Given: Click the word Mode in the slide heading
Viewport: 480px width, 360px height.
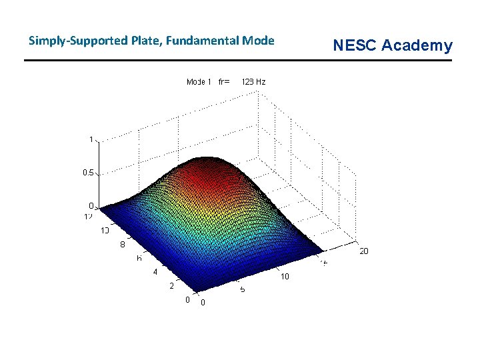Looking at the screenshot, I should [258, 41].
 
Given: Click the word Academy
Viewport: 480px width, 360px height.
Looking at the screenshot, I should [417, 45].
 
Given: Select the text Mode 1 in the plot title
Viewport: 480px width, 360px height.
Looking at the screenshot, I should [199, 82].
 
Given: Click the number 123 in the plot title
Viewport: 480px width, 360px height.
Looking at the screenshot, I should [248, 82].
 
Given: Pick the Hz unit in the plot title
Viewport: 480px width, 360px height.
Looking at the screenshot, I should [261, 82].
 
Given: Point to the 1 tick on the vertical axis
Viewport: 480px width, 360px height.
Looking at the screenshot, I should [91, 139].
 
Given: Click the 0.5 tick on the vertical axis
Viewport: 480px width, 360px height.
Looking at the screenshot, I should [87, 172].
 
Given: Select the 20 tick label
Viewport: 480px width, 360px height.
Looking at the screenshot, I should [363, 251].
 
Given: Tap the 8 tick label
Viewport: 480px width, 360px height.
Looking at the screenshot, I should [123, 244].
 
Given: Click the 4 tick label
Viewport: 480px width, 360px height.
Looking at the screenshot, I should [155, 272].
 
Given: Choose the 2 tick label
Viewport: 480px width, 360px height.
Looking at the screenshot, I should [171, 286].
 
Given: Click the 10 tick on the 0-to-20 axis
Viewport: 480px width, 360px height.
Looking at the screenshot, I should [284, 277].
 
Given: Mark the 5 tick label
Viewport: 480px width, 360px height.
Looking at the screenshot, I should [243, 290].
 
